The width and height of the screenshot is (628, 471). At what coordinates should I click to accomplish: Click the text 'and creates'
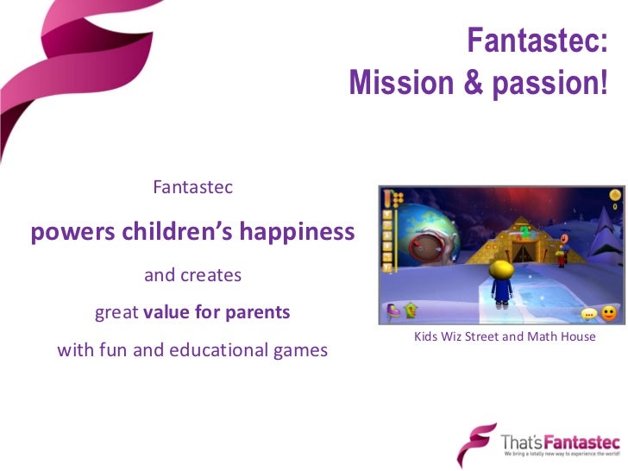[192, 275]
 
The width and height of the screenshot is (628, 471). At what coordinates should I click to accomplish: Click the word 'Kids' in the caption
[428, 336]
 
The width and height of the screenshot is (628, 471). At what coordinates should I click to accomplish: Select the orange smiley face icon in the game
[610, 312]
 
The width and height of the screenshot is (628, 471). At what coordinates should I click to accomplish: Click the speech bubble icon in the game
[589, 314]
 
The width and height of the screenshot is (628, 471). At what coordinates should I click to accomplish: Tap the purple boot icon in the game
[392, 310]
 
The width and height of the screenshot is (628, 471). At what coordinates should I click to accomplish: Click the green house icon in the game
[411, 310]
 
